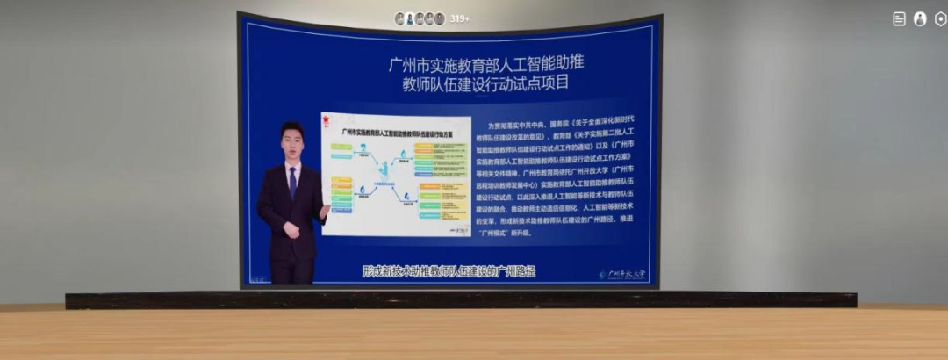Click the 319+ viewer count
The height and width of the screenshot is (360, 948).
click(x=460, y=18)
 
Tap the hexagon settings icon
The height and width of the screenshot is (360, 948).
click(x=940, y=18)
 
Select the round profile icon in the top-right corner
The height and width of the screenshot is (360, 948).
click(x=920, y=18)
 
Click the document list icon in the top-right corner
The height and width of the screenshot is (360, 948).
click(x=899, y=18)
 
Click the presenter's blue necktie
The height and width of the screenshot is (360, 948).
click(x=292, y=182)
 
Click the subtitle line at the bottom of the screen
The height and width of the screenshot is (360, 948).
click(x=449, y=271)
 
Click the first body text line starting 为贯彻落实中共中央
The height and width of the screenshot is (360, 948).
click(x=568, y=126)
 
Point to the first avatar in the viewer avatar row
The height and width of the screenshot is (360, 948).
click(x=399, y=18)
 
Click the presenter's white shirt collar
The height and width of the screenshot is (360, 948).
click(x=292, y=165)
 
